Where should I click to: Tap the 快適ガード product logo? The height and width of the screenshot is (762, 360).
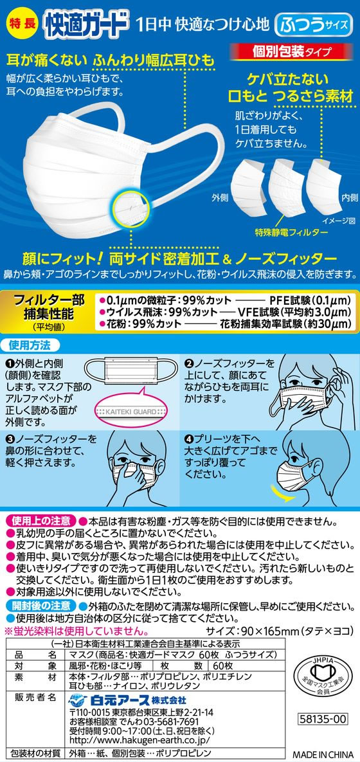pyautogui.click(x=85, y=24)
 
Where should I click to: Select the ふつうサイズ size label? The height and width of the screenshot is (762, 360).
pyautogui.click(x=313, y=26)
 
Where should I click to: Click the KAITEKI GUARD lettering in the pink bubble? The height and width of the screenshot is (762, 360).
pyautogui.click(x=127, y=408)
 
